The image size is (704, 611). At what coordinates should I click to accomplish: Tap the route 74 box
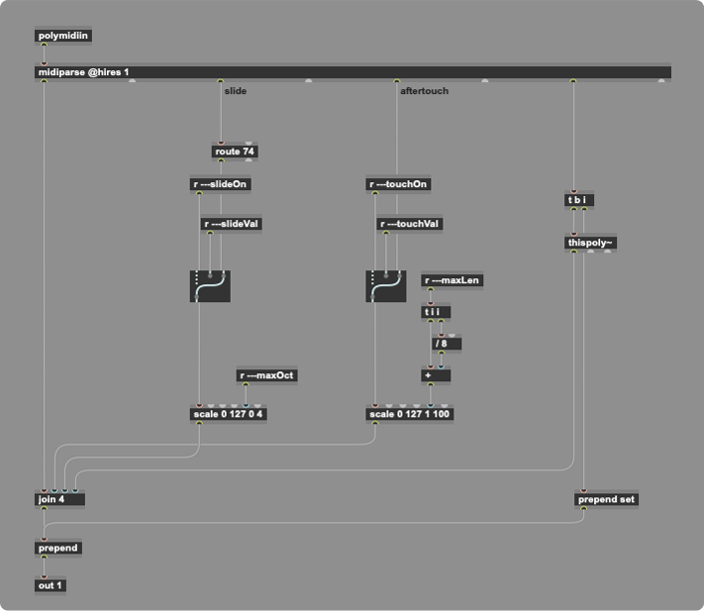click(236, 153)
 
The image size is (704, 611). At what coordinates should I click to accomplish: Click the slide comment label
click(236, 91)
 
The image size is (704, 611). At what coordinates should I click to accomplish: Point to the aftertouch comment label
click(424, 91)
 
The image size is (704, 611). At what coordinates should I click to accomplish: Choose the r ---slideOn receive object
click(221, 184)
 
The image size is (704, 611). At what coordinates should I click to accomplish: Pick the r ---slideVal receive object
click(232, 224)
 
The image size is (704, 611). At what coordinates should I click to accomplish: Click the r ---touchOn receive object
click(398, 184)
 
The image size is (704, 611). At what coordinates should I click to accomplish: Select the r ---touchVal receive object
click(409, 224)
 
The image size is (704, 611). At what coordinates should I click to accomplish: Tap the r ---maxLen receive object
click(453, 280)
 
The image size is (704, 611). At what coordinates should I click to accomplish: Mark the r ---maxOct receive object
click(266, 375)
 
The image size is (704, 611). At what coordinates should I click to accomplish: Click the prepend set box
click(607, 500)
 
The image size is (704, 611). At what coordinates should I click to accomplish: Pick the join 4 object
click(59, 500)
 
